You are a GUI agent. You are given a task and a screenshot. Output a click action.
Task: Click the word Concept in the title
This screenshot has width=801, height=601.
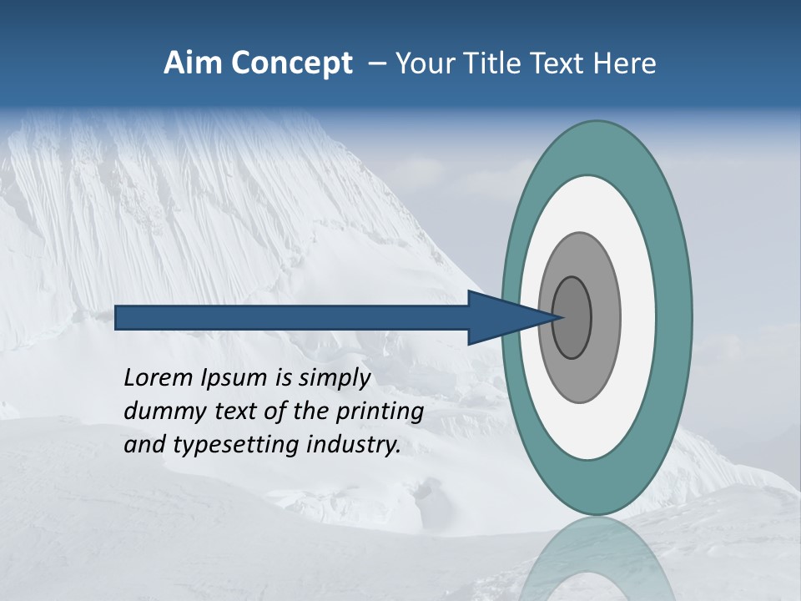(293, 63)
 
